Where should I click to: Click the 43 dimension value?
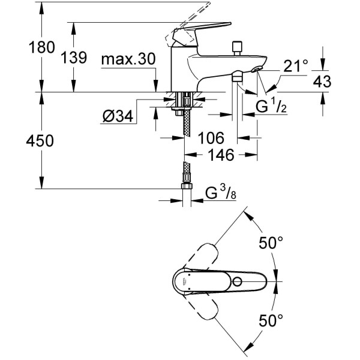click(322, 83)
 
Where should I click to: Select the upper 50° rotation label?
click(271, 243)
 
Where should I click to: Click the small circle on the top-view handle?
click(239, 281)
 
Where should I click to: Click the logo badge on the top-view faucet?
click(181, 278)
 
